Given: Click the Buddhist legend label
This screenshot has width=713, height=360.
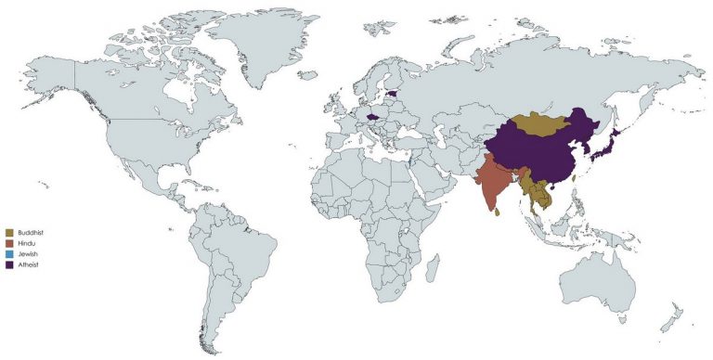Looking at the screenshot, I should (x=32, y=232).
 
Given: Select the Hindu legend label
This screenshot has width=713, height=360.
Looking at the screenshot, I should (x=28, y=243).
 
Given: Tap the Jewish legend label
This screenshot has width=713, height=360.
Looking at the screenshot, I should (x=29, y=254).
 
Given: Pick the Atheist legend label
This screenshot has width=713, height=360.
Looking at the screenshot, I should (x=30, y=265).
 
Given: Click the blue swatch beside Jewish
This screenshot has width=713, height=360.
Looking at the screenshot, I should (x=8, y=254).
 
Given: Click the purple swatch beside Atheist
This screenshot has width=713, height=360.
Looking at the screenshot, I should (x=8, y=265).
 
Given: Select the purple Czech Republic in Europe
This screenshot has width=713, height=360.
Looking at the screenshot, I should (x=373, y=118).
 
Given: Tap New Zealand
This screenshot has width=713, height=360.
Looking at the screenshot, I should (x=670, y=320).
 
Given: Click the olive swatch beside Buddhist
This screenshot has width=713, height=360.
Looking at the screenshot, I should (x=8, y=232).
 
